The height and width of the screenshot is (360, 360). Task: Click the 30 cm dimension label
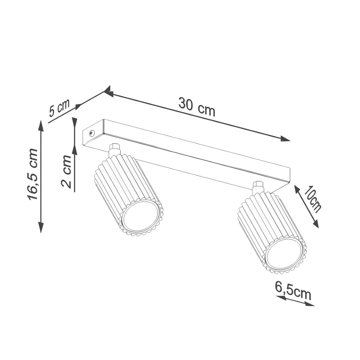[197, 107]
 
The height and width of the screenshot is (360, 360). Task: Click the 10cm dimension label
[313, 199]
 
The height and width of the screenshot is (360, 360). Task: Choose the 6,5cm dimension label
[293, 290]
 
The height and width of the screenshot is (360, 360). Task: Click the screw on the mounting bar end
[92, 133]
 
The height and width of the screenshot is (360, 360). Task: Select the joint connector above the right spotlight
[258, 187]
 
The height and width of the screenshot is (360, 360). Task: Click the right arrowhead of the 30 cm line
[285, 139]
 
